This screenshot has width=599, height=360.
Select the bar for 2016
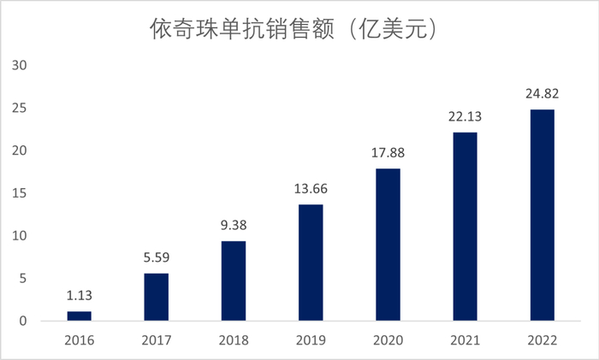pos(79,316)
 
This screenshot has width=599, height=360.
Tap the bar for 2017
pos(156,298)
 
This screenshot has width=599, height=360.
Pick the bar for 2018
pos(234,281)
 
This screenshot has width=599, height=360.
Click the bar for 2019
pos(311,263)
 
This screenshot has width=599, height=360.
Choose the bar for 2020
pos(388,245)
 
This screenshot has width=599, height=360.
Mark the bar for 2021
pos(465,227)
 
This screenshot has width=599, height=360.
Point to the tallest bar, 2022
pos(543,215)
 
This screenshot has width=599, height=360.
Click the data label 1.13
pos(79,297)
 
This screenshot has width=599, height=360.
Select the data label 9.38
pos(234,227)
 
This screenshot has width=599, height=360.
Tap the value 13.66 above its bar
pos(311,190)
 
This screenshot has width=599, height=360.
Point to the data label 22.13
pos(465,117)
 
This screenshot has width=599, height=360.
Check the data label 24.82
pos(543,94)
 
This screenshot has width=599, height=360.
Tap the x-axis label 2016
pos(79,339)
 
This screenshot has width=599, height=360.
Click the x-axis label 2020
pos(388,339)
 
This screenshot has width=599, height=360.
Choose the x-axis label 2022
pos(543,339)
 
